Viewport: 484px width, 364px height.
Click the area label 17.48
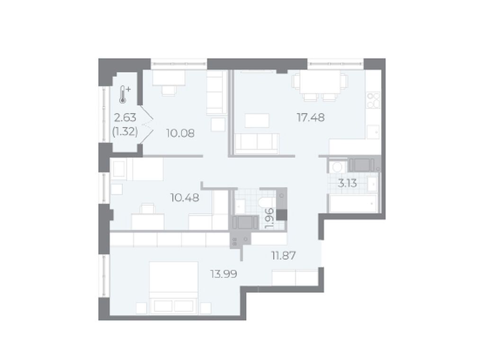[x=311, y=118]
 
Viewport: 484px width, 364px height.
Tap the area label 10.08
[x=180, y=134]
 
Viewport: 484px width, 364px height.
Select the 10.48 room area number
[x=185, y=198]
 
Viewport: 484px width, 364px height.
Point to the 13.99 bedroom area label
[x=224, y=274]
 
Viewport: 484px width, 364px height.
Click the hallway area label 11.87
[x=283, y=255]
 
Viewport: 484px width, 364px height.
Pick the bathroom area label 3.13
[x=347, y=183]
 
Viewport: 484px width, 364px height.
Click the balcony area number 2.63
[x=125, y=118]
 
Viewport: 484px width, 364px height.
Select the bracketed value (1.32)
[x=125, y=132]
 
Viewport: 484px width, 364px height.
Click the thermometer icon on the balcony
[x=124, y=94]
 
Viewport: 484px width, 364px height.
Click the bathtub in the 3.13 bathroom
[x=353, y=204]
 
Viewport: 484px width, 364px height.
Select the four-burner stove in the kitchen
[x=373, y=100]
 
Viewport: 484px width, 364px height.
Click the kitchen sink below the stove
[x=373, y=132]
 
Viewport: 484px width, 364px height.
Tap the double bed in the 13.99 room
[x=173, y=288]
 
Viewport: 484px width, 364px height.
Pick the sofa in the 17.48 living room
[x=257, y=144]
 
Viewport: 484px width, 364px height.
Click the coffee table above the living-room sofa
[x=257, y=120]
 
